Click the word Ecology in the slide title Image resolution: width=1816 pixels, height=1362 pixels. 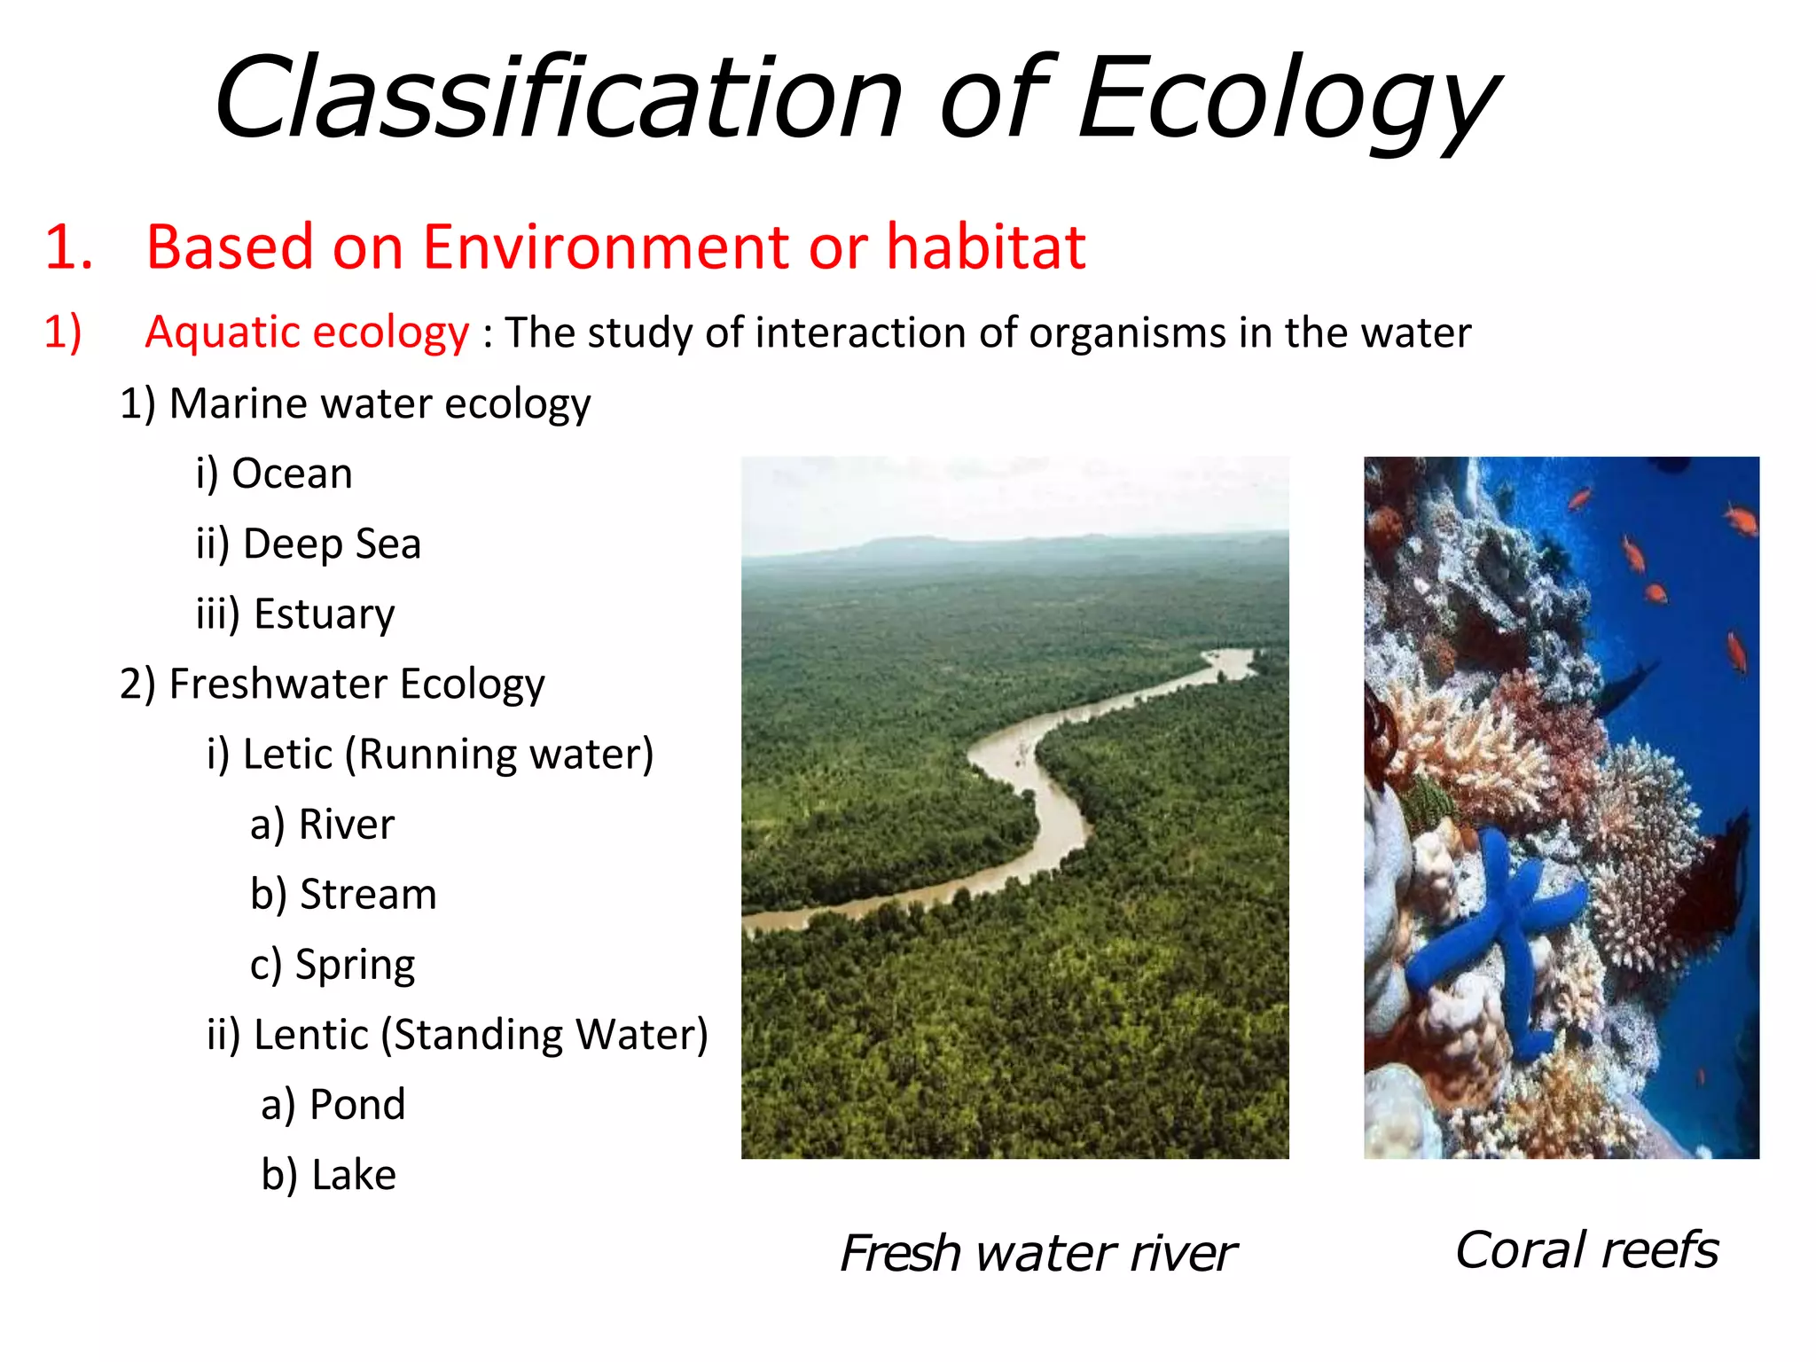pos(1286,99)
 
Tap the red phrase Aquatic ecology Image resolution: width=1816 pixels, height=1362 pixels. pos(307,333)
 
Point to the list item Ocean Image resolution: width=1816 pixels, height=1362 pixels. pos(292,474)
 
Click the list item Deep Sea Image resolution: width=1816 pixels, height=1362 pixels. pos(332,544)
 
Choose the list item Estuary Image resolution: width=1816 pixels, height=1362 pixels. pos(324,614)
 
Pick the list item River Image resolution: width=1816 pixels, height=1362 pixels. pos(346,825)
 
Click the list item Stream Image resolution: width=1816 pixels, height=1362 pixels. pos(367,895)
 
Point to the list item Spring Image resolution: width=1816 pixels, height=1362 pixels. pos(355,965)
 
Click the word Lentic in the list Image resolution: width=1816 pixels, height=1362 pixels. pos(310,1035)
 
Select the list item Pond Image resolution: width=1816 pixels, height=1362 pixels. pos(356,1105)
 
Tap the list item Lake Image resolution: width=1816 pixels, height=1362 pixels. pos(353,1175)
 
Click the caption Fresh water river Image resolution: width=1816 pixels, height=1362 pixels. pos(1037,1254)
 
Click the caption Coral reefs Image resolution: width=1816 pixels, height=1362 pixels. pos(1587,1250)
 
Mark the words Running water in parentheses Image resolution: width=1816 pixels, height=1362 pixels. pos(500,755)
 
